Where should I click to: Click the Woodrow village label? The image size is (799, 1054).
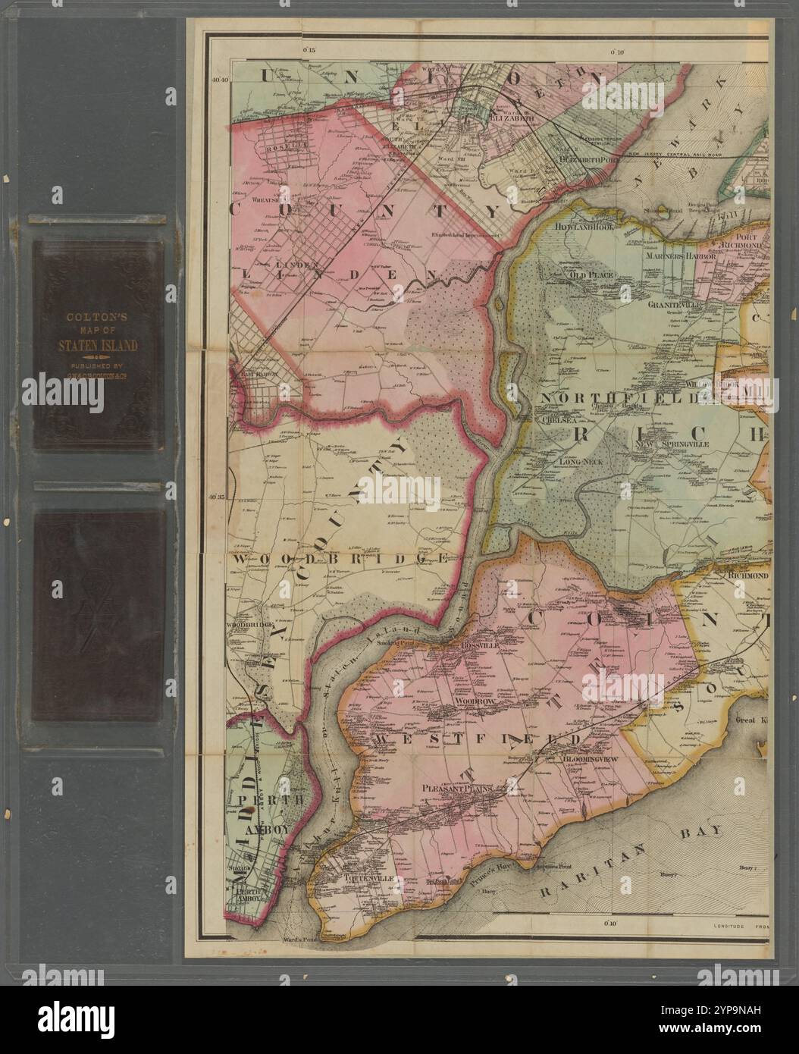coord(475,703)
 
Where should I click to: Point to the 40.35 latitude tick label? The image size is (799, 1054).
coord(218,497)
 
